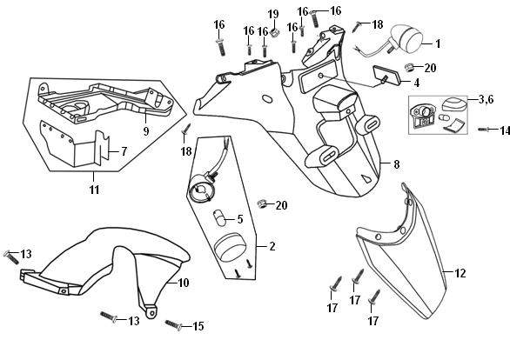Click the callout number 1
click(x=438, y=43)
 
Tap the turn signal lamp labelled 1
click(x=404, y=38)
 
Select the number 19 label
click(x=273, y=14)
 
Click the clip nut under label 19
click(x=275, y=32)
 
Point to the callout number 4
click(x=417, y=83)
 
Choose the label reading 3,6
click(x=486, y=99)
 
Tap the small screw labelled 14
click(x=483, y=130)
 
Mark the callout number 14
click(x=505, y=130)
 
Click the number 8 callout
click(x=396, y=164)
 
